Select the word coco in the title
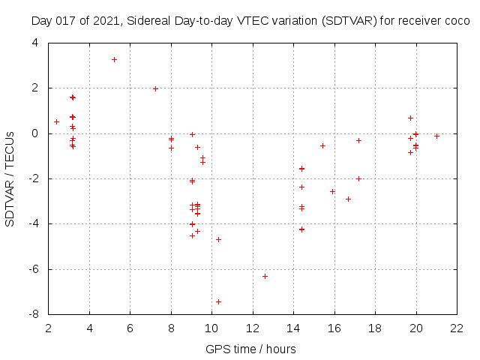[x=456, y=22]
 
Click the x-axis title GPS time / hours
[x=252, y=349]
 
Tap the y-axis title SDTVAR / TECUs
[x=10, y=178]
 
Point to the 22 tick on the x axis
[x=456, y=328]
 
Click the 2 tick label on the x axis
[x=49, y=328]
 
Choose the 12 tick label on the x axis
[x=252, y=328]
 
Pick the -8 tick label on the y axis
[x=34, y=314]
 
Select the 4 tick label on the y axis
[x=36, y=43]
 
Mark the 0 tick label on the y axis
[x=36, y=133]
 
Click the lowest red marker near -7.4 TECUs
[x=218, y=301]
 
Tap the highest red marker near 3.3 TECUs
[x=114, y=59]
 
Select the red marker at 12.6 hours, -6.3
[x=265, y=276]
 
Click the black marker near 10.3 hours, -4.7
[x=218, y=239]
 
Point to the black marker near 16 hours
[x=332, y=191]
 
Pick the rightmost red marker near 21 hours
[x=436, y=136]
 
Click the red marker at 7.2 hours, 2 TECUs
[x=155, y=88]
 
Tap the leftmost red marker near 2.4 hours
[x=56, y=121]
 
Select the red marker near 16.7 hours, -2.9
[x=348, y=199]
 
